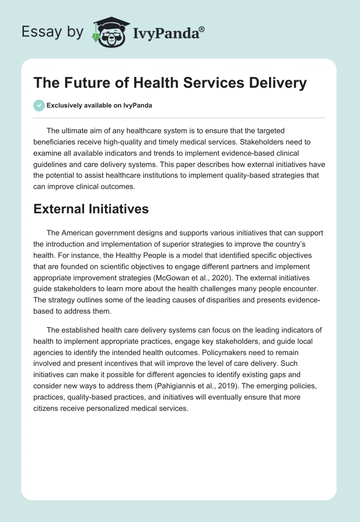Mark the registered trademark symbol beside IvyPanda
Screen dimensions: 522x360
pos(202,28)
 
